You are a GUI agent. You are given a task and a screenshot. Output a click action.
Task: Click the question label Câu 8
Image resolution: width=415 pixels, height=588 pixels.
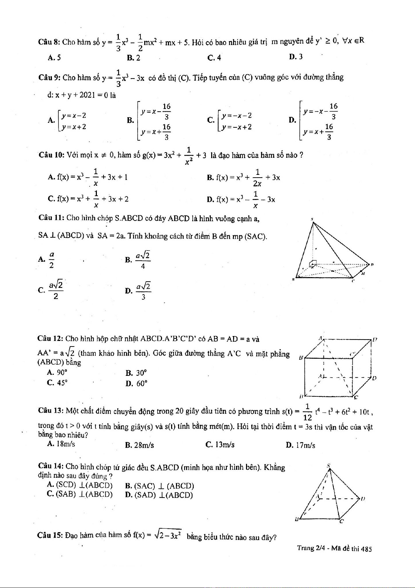[49, 42]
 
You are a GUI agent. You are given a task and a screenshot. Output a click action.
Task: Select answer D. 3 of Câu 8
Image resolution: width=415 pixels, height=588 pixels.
[296, 57]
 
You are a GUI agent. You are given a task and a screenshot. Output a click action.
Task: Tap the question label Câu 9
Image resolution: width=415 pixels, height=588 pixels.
[49, 77]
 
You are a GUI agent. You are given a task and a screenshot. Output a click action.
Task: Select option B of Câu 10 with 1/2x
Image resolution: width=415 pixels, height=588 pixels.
[244, 178]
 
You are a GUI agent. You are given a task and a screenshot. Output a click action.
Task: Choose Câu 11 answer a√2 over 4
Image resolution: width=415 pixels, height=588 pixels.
[138, 260]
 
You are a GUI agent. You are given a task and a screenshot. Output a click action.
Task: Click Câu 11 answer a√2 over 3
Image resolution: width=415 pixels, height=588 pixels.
[138, 291]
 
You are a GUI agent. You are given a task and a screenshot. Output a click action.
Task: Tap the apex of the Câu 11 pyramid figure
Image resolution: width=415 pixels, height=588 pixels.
[313, 222]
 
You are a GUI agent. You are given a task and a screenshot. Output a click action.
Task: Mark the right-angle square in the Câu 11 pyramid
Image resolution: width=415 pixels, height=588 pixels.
[314, 263]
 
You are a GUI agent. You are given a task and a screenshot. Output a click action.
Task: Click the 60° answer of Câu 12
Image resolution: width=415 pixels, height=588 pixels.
[137, 384]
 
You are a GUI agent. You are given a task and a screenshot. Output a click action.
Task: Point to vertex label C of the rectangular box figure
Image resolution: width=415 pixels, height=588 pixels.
[356, 397]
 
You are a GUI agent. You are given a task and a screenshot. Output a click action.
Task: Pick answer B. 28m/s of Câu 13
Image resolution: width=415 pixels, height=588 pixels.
[139, 445]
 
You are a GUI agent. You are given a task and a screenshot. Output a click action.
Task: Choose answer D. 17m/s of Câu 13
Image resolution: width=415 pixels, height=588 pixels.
[300, 445]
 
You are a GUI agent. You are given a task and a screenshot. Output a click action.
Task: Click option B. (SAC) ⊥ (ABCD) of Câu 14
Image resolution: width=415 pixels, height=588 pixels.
[159, 486]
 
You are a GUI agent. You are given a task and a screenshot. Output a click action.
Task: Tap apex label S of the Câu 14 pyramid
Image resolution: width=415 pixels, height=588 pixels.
[329, 466]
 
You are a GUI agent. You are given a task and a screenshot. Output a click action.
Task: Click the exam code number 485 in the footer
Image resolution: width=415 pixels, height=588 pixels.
[366, 549]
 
